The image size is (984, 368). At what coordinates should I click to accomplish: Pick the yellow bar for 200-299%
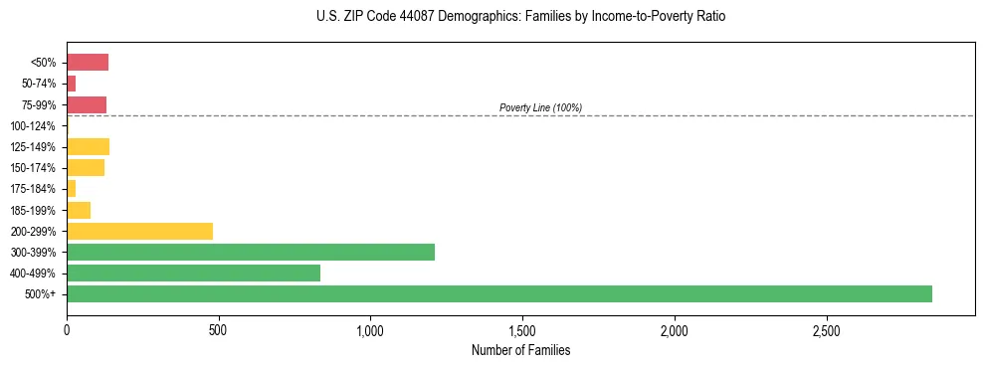pyautogui.click(x=139, y=231)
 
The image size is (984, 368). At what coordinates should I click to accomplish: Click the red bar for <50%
pyautogui.click(x=88, y=63)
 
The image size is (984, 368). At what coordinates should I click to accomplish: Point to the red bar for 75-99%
pyautogui.click(x=87, y=104)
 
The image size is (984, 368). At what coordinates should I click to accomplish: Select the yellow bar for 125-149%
pyautogui.click(x=88, y=146)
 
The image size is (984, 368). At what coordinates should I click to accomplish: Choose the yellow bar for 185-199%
pyautogui.click(x=79, y=210)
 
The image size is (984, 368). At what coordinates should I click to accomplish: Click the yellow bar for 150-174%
pyautogui.click(x=86, y=168)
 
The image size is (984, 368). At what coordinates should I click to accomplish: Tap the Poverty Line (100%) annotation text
pyautogui.click(x=540, y=107)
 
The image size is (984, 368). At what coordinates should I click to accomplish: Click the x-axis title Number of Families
pyautogui.click(x=520, y=350)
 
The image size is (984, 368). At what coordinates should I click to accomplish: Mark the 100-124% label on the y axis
pyautogui.click(x=33, y=126)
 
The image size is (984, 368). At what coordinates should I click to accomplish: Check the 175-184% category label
pyautogui.click(x=33, y=189)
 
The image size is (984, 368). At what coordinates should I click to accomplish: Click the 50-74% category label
pyautogui.click(x=37, y=84)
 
